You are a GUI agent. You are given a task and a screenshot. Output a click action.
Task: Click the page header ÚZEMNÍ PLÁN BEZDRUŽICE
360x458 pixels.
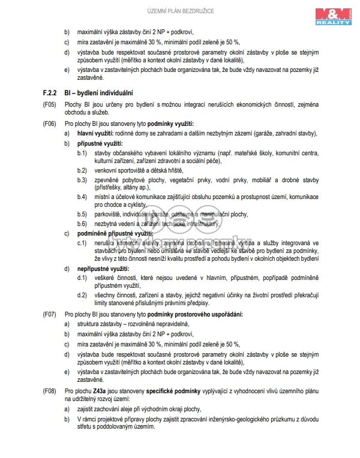(180, 11)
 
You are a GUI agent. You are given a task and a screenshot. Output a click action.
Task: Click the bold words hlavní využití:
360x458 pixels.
(99, 133)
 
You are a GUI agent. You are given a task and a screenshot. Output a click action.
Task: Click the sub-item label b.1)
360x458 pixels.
(82, 153)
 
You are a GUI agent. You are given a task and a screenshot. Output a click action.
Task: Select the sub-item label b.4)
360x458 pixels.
(82, 197)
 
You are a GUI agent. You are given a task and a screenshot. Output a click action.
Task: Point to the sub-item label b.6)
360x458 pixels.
(82, 223)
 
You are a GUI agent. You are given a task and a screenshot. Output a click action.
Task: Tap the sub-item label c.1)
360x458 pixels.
(82, 242)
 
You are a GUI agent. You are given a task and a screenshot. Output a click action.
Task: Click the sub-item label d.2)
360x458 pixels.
(82, 296)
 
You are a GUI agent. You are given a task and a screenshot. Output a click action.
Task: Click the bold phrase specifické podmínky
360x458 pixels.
(174, 391)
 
